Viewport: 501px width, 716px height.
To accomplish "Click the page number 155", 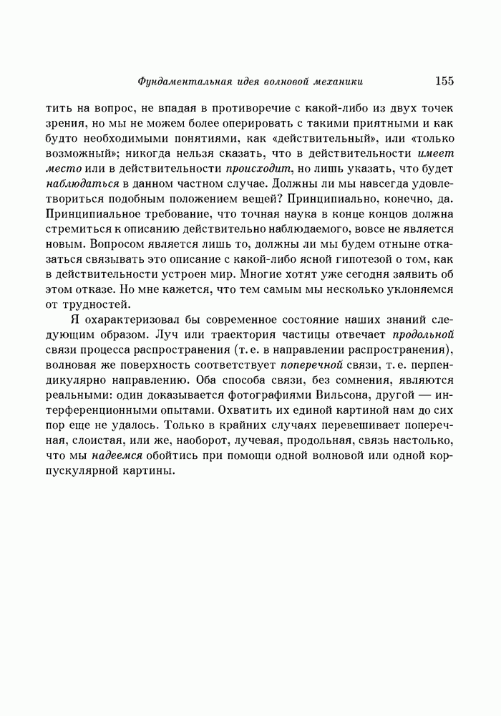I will point(444,81).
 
